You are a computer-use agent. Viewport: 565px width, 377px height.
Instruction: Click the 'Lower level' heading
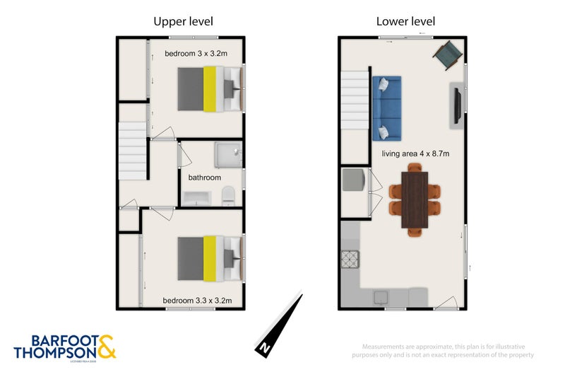pyautogui.click(x=405, y=21)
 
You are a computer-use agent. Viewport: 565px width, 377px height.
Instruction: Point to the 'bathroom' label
pyautogui.click(x=204, y=178)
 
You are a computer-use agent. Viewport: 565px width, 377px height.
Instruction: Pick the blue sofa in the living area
pyautogui.click(x=386, y=108)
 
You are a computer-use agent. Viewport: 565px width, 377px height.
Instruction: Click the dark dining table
pyautogui.click(x=415, y=199)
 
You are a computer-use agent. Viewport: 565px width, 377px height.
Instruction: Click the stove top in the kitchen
pyautogui.click(x=351, y=260)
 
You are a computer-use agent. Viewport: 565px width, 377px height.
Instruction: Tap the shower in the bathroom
pyautogui.click(x=228, y=155)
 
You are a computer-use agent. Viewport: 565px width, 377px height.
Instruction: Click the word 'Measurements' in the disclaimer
pyautogui.click(x=383, y=347)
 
